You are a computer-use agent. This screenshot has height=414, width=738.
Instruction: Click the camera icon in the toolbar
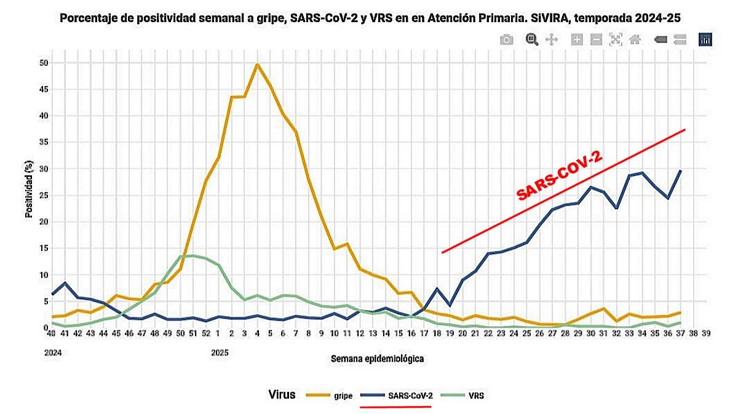506,40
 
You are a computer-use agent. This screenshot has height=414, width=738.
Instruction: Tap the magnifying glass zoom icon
532,40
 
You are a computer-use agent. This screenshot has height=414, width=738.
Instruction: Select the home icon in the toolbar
635,40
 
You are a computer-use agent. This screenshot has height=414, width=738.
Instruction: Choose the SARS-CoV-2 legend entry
410,396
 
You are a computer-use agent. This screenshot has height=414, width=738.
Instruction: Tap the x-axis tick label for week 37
680,334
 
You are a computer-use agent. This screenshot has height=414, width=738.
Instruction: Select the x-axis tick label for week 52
206,334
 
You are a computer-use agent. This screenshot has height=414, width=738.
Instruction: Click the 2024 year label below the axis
54,353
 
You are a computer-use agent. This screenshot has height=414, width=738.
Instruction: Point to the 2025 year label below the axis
220,353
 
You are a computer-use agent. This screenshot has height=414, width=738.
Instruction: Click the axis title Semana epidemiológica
377,358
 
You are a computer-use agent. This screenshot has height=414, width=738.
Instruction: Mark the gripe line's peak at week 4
257,64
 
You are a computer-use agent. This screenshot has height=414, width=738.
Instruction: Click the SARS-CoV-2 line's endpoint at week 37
680,171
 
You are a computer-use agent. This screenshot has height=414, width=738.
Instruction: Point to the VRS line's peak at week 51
193,255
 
